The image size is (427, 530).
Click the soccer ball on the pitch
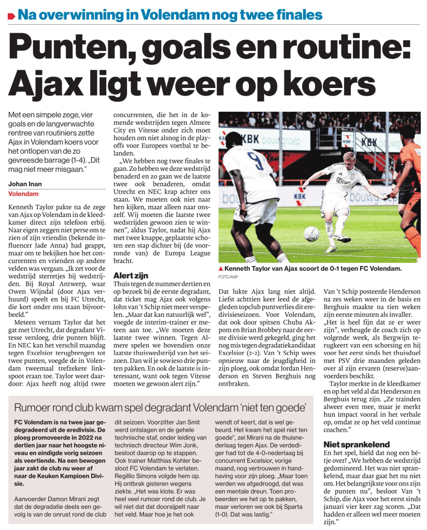[311, 233]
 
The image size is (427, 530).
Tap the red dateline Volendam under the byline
[23, 194]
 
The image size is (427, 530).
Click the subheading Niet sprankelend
[357, 444]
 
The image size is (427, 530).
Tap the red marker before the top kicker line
[11, 16]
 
